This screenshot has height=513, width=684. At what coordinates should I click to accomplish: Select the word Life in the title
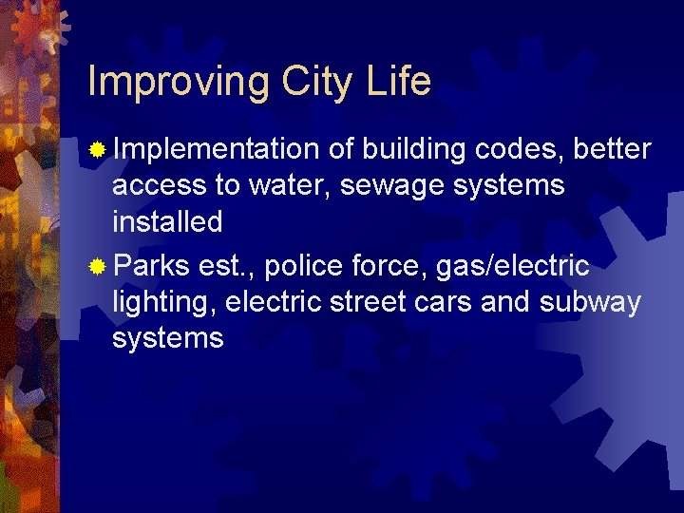(398, 82)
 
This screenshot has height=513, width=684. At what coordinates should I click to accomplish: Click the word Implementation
(216, 150)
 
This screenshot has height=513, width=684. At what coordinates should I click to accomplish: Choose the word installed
(167, 222)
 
